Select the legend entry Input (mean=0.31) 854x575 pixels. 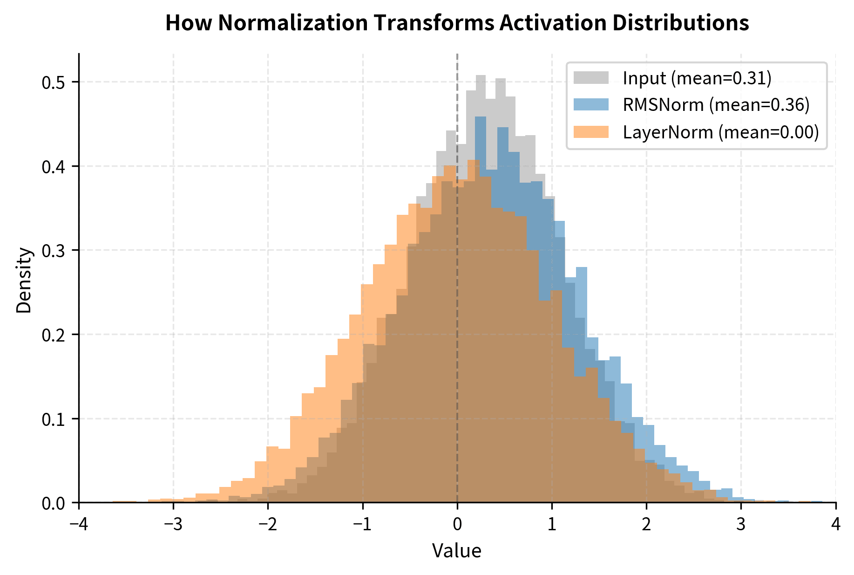pos(697,78)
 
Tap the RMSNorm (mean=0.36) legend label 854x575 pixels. pos(716,105)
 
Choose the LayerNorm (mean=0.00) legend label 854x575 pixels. pos(720,132)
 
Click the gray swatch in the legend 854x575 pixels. pos(590,78)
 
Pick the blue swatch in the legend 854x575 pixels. pos(590,105)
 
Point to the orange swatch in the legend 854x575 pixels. pos(590,132)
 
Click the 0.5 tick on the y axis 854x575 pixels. pos(54,82)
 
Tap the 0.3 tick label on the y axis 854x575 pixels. pos(54,251)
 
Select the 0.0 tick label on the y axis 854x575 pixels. pos(54,503)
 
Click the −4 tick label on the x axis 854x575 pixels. pos(79,525)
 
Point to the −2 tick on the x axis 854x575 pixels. pos(268,525)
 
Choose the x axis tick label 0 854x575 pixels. pos(457,525)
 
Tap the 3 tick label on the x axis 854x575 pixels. pos(741,525)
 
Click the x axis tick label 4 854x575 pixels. pos(836,525)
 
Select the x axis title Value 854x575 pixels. pos(456,551)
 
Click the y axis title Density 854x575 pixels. pos(24,280)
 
